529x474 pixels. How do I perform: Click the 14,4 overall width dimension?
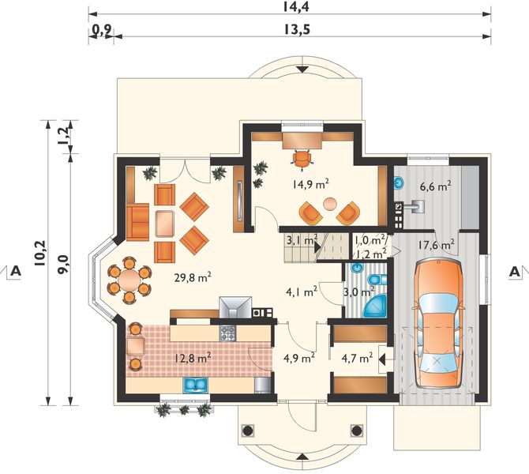296,7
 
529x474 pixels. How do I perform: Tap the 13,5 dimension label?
297,30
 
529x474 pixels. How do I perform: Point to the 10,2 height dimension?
40,254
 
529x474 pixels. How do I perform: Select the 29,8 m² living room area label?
193,277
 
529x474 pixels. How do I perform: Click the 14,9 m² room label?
310,184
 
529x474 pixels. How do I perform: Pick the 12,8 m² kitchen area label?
193,358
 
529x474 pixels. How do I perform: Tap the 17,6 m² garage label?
436,244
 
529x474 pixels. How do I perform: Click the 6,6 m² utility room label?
436,186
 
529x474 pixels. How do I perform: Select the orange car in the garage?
437,323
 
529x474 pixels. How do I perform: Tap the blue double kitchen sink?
195,386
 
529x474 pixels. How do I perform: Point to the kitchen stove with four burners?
228,333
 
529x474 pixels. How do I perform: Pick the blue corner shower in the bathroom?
374,307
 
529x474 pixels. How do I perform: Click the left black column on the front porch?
248,431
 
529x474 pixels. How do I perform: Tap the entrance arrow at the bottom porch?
302,457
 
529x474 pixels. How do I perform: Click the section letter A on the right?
514,272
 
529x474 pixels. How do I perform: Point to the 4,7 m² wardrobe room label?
357,357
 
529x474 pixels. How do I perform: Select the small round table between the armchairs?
329,204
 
